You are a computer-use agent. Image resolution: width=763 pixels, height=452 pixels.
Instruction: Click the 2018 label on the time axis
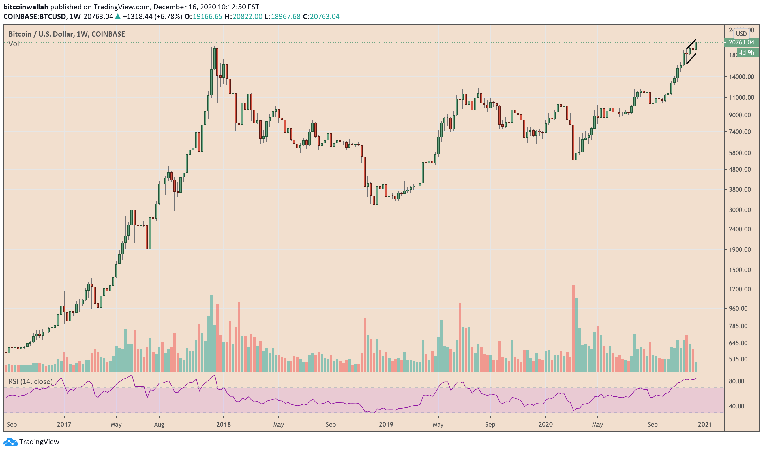(223, 424)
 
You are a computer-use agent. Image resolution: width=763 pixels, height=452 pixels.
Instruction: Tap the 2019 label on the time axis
(386, 424)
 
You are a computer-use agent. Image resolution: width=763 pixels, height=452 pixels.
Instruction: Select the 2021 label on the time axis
(704, 424)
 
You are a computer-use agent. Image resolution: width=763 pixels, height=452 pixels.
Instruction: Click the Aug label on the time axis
(159, 424)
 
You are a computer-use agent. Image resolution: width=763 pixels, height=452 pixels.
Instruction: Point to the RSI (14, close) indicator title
(31, 381)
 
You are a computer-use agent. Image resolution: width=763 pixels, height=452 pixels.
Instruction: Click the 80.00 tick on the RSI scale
(736, 381)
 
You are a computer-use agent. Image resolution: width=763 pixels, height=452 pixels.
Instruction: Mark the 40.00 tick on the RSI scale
(736, 406)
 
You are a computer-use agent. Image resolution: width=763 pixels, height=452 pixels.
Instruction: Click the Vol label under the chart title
(14, 44)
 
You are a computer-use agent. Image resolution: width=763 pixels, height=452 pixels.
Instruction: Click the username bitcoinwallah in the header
(25, 7)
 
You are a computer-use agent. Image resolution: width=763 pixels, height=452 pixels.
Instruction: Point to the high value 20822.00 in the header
(247, 16)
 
